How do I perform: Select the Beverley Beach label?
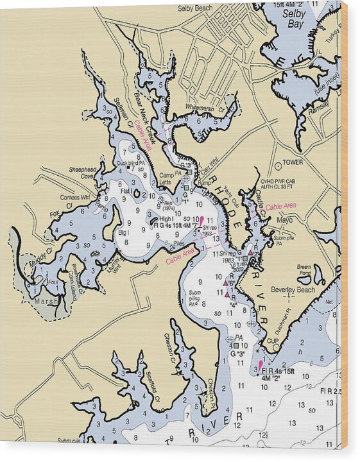291,289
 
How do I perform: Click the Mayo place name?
284,219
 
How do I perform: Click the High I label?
165,219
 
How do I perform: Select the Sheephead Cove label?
82,173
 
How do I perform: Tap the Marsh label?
46,300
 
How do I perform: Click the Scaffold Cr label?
152,386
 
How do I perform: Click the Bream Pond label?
304,269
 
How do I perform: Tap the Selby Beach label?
195,8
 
